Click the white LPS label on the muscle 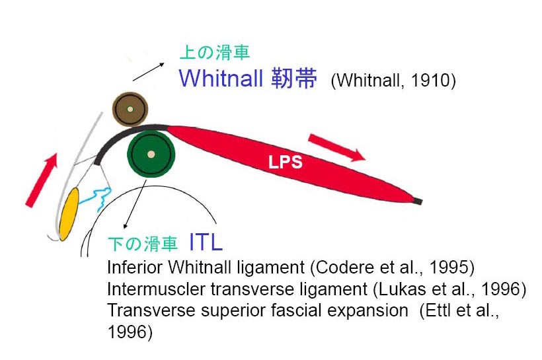286,162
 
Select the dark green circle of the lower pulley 151,154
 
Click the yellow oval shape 69,213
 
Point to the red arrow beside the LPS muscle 336,147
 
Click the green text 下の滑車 142,244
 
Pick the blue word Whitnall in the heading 221,79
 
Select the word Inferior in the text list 130,268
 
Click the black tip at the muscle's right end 418,200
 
